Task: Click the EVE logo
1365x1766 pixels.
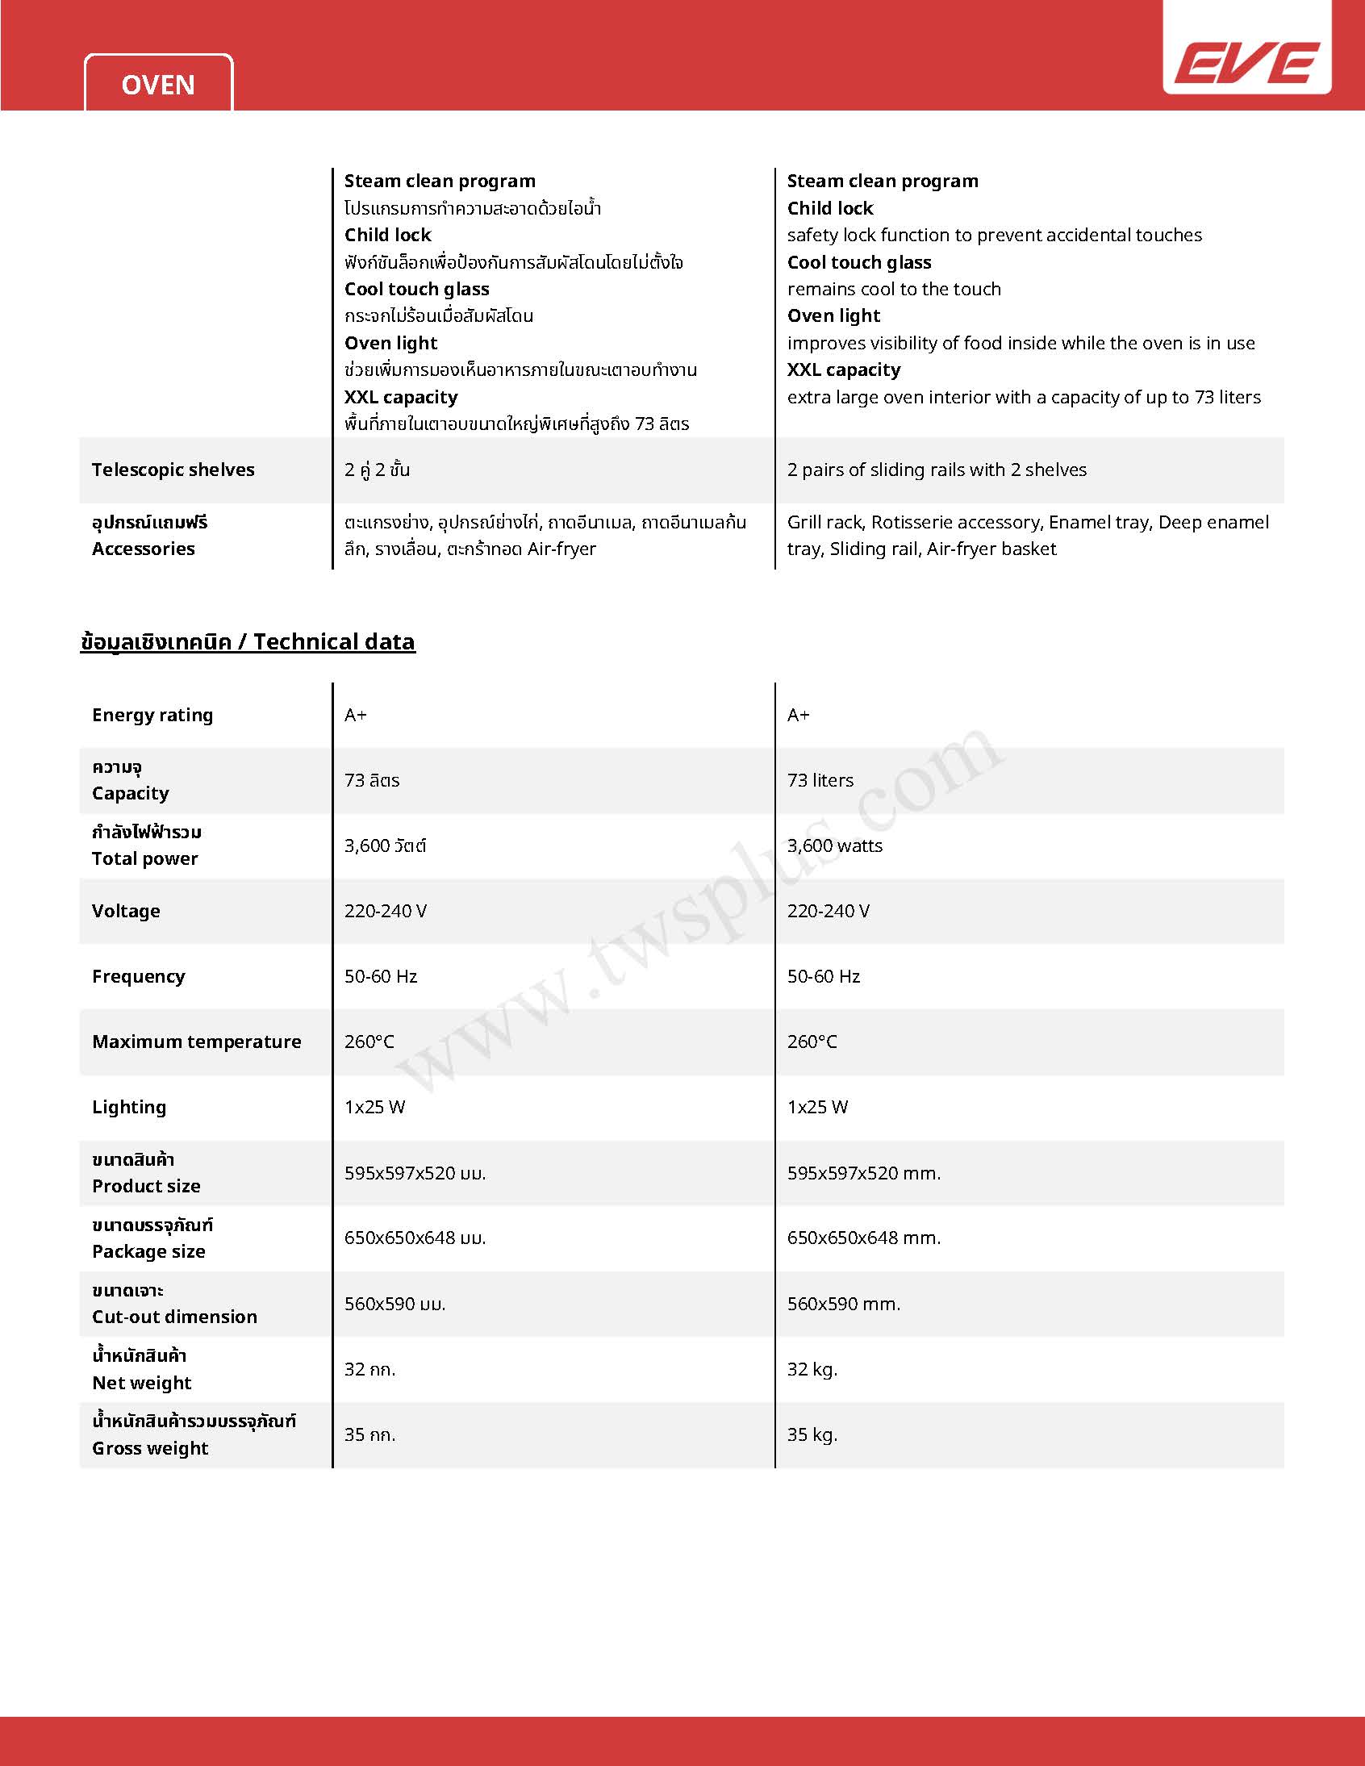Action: (x=1246, y=63)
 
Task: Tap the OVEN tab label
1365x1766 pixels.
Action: (x=157, y=85)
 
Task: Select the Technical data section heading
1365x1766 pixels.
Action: (x=248, y=642)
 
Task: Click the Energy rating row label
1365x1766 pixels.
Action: (x=152, y=715)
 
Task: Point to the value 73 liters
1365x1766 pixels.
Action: (x=820, y=780)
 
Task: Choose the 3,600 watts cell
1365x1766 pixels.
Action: (x=834, y=845)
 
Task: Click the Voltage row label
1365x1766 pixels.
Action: (x=126, y=912)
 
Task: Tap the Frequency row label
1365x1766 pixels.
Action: (x=138, y=976)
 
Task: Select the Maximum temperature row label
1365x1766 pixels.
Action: (x=197, y=1042)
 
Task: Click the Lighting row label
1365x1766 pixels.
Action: (x=129, y=1107)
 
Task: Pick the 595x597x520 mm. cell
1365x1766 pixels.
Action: (x=864, y=1173)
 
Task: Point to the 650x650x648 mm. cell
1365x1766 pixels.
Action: (x=864, y=1238)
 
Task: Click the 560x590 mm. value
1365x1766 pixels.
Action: (x=843, y=1304)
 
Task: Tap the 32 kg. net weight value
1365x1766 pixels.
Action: (x=812, y=1369)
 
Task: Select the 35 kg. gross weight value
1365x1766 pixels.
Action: (x=812, y=1434)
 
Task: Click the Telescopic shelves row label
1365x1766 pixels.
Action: (x=173, y=470)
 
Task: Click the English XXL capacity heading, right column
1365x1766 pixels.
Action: (x=843, y=370)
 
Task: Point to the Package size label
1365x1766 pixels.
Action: (x=148, y=1252)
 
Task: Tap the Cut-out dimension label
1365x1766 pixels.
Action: (x=175, y=1317)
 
